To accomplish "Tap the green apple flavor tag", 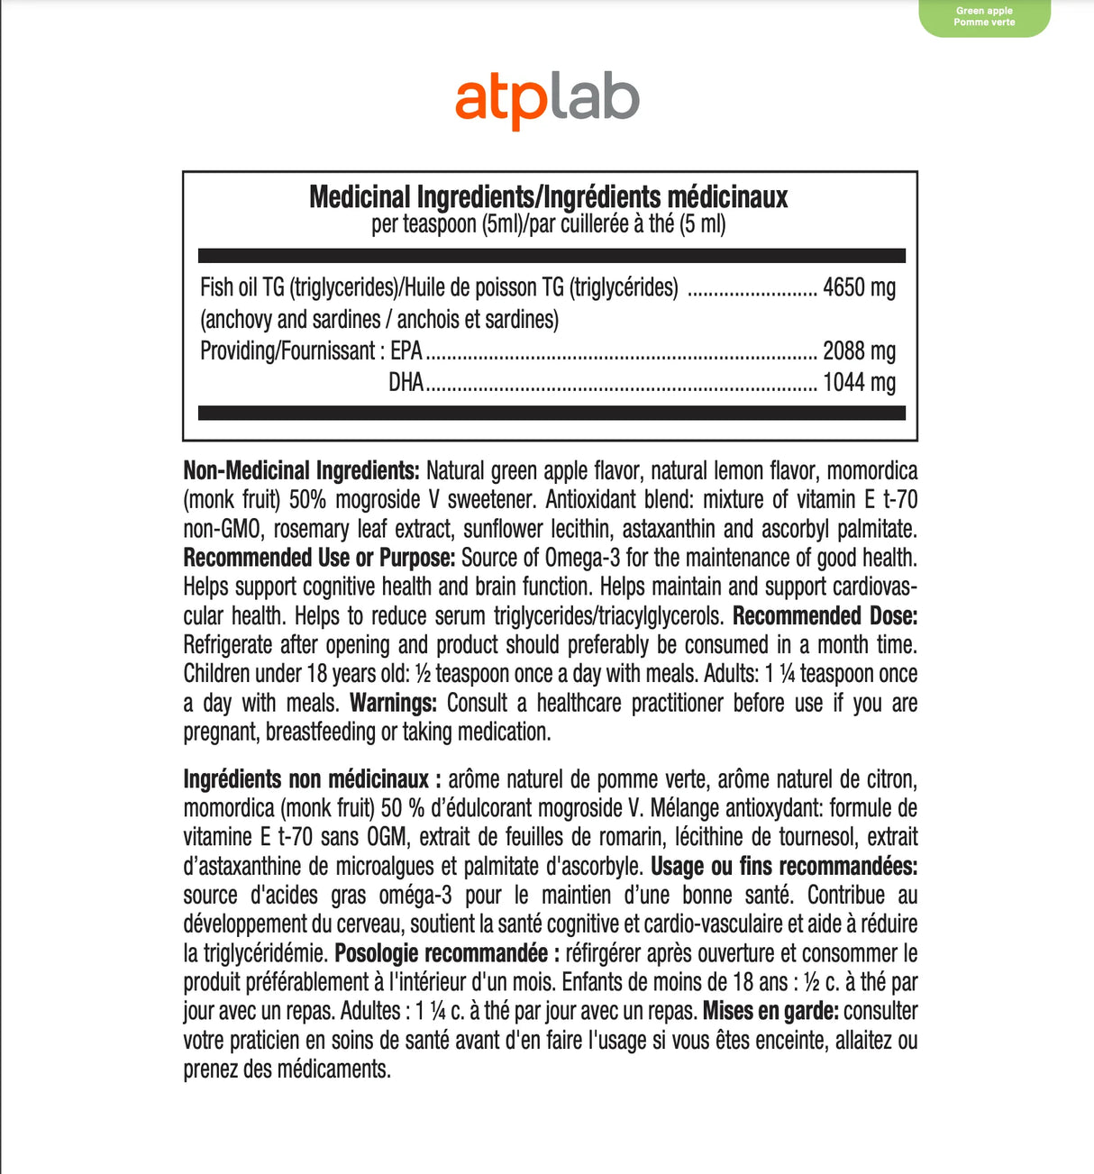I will tap(984, 17).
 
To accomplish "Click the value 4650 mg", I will tap(859, 287).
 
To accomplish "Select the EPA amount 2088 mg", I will tap(859, 350).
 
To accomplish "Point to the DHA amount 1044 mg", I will tap(859, 382).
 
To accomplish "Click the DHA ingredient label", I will tap(406, 382).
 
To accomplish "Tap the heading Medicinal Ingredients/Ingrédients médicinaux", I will tap(548, 196).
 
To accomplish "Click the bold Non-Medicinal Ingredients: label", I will tap(301, 470).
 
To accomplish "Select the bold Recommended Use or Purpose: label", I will tap(319, 558).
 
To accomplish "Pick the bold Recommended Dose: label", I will tap(825, 616).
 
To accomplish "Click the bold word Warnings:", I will tap(393, 703).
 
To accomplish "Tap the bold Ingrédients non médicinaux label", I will tap(312, 778).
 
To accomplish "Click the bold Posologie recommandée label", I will tap(447, 953).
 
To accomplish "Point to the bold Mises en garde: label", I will tap(770, 1011).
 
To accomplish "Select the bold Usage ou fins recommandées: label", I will tap(784, 866).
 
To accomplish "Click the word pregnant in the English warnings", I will tap(221, 732).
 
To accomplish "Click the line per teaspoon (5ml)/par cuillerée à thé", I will tap(548, 223).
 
